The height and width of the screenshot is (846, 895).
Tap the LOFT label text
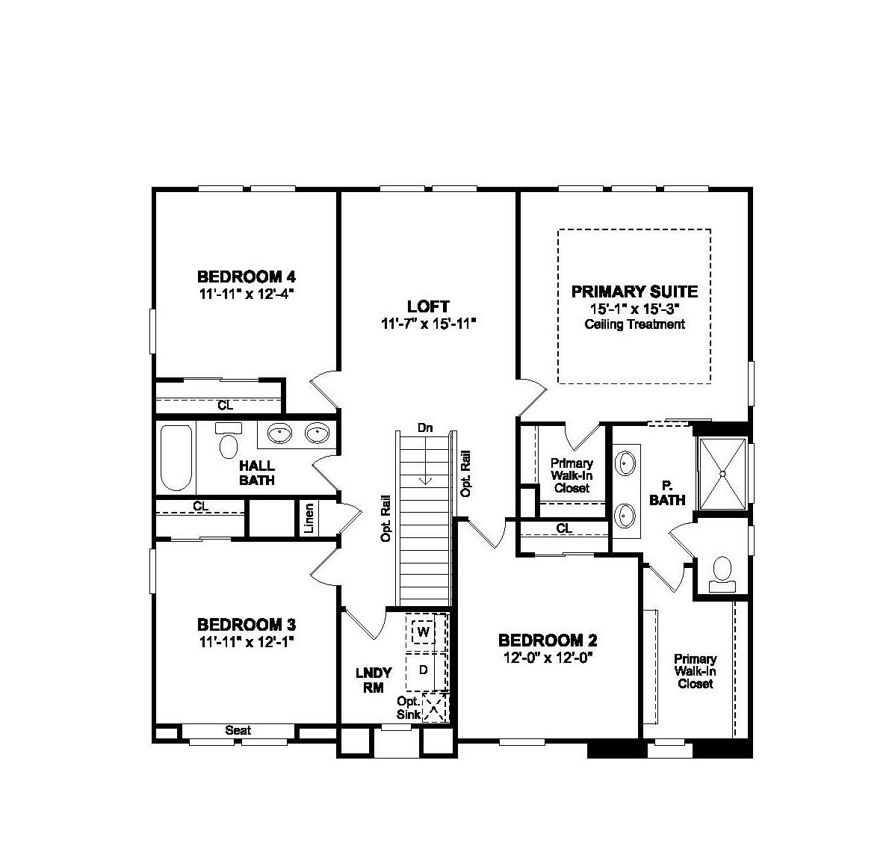tap(428, 306)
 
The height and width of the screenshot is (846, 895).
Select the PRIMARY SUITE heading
tap(634, 291)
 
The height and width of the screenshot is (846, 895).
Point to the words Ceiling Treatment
tap(634, 324)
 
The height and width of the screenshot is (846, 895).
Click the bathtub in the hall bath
tap(176, 457)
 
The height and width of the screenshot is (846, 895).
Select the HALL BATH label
tap(257, 473)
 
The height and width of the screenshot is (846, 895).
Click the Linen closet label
tap(309, 519)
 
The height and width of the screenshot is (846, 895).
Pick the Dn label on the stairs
tap(425, 428)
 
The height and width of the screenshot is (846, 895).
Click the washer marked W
tap(424, 632)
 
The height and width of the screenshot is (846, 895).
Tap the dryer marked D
tap(423, 670)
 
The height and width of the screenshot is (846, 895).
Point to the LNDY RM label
tap(374, 680)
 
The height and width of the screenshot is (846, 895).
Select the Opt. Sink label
tap(409, 708)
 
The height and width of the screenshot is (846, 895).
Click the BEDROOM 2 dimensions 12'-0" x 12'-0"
tap(548, 658)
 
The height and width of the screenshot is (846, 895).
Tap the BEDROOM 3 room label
tap(247, 624)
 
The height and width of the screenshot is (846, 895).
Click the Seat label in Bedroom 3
tap(238, 730)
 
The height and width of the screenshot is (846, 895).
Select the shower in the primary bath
tap(722, 473)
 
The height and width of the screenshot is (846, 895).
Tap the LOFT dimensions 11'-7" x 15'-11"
tap(428, 324)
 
